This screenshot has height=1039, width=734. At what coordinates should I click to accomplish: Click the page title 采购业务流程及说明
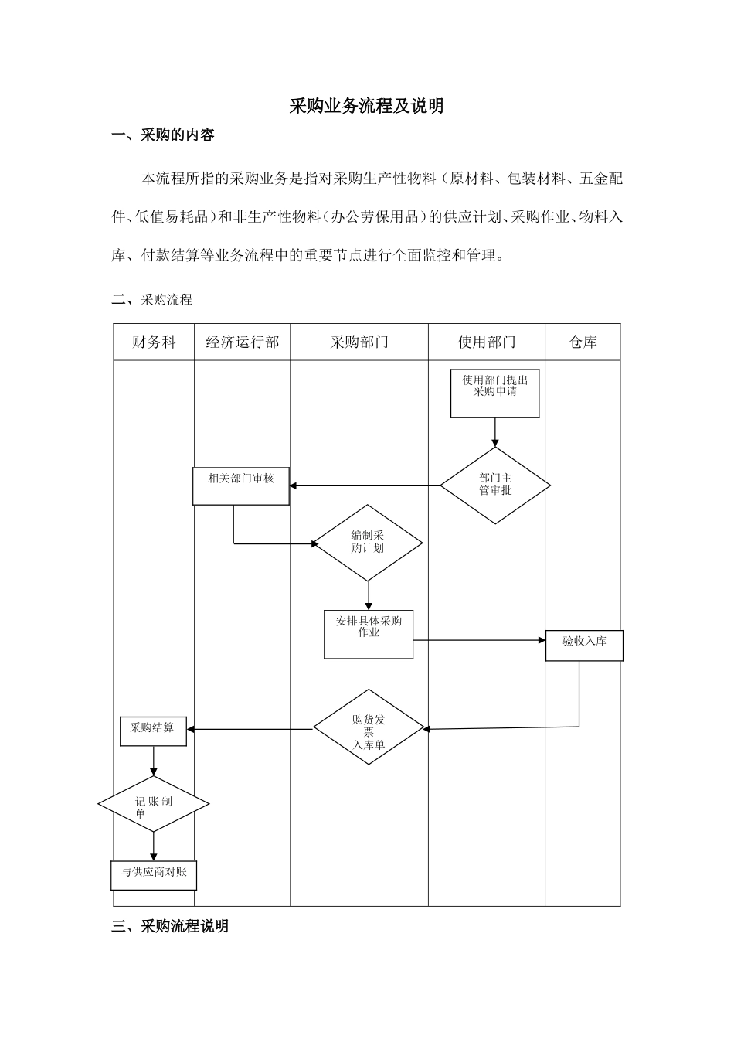click(x=366, y=106)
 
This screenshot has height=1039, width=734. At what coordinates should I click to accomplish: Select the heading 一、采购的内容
click(x=163, y=135)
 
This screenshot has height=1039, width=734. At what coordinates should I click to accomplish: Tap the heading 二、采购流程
click(x=151, y=299)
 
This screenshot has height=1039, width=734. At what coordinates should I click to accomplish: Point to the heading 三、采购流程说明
click(x=170, y=925)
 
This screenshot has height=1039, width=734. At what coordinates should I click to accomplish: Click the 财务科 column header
click(x=154, y=342)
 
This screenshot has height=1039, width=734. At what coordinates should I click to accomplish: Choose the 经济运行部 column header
click(x=242, y=342)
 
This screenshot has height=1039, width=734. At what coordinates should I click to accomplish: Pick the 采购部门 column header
click(x=359, y=342)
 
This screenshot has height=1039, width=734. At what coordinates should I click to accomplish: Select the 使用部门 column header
click(x=487, y=342)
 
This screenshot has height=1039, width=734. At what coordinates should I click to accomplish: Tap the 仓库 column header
click(x=583, y=342)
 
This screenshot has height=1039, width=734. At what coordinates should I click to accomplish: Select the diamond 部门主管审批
click(x=495, y=485)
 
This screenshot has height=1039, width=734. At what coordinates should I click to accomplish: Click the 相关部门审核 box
click(x=241, y=486)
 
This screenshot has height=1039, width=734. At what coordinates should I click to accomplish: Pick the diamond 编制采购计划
click(x=368, y=542)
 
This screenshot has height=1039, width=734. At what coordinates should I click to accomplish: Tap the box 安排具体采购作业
click(x=369, y=635)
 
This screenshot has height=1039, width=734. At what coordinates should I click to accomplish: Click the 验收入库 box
click(x=584, y=645)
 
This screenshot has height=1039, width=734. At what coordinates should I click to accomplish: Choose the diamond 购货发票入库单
click(x=369, y=728)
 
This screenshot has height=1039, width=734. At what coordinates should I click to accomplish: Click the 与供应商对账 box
click(x=154, y=874)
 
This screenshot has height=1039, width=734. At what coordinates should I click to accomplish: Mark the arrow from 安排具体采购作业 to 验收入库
click(x=479, y=640)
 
